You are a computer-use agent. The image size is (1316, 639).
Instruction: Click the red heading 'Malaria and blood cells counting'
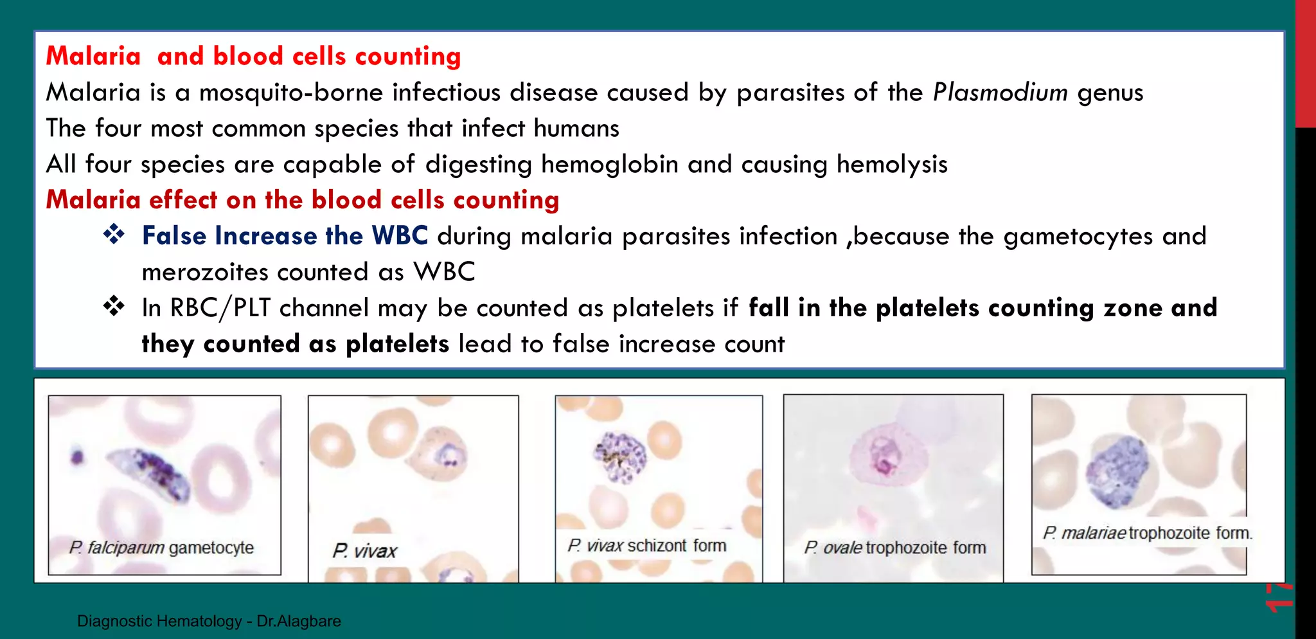tap(253, 57)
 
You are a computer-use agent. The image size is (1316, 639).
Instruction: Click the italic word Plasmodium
tap(1000, 93)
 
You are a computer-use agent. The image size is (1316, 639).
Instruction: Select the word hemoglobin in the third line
tap(609, 165)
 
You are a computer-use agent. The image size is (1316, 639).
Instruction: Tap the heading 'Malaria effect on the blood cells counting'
tap(302, 200)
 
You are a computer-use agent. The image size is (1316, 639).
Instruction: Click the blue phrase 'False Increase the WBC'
tap(285, 236)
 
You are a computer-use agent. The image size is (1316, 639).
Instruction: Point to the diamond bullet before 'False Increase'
tap(114, 234)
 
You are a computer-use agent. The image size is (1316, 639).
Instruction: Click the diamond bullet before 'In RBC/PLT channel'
tap(114, 306)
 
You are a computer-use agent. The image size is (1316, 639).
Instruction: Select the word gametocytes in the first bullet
tap(1078, 237)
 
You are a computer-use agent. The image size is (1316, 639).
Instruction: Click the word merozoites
tap(204, 272)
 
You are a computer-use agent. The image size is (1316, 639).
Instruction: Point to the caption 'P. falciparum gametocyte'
tap(161, 548)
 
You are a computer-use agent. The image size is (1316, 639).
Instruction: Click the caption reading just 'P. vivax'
tap(364, 551)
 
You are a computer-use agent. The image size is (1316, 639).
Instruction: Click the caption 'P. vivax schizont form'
tap(646, 546)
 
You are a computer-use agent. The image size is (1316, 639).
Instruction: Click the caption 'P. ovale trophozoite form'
tap(894, 548)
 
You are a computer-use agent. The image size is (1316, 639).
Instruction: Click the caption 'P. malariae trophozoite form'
tap(1147, 533)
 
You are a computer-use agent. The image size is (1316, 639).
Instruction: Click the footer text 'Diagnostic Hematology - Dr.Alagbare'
tap(209, 621)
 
